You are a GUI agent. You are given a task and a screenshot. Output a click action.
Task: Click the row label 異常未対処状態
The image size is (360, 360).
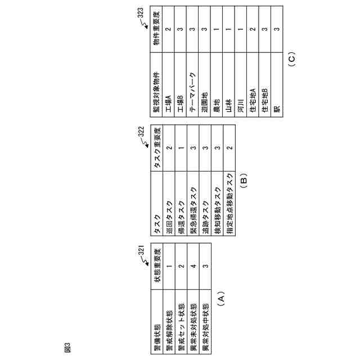193,319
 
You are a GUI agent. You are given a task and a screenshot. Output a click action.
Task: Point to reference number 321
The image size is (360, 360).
142,251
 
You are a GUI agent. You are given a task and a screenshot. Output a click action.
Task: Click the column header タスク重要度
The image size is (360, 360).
156,147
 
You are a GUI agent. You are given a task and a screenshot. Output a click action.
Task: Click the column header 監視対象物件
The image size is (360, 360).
156,89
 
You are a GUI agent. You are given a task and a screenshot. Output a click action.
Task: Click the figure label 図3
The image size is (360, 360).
68,348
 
